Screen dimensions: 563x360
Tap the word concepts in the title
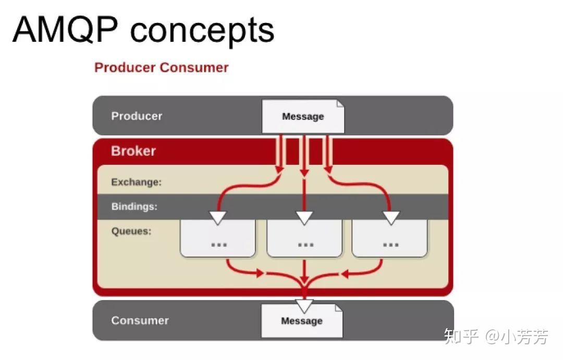202,32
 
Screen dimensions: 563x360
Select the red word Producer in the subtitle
125,67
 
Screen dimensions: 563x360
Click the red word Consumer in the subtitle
194,67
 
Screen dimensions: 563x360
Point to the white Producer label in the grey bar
137,116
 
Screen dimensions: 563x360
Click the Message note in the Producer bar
303,116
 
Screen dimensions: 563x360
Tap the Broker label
133,151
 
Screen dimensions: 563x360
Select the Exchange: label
137,182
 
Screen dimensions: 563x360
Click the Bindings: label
134,207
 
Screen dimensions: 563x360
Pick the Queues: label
131,231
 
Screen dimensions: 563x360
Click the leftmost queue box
217,238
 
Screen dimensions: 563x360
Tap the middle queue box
304,238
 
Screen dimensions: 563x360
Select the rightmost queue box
389,238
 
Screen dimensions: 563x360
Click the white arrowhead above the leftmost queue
217,218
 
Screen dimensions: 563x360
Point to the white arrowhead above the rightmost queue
391,218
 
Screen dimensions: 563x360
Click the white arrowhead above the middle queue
304,218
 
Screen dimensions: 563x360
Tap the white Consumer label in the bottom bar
140,320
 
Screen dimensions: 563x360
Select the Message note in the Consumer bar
302,321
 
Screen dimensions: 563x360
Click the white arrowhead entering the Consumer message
304,306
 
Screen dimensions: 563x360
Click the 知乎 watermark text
461,337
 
